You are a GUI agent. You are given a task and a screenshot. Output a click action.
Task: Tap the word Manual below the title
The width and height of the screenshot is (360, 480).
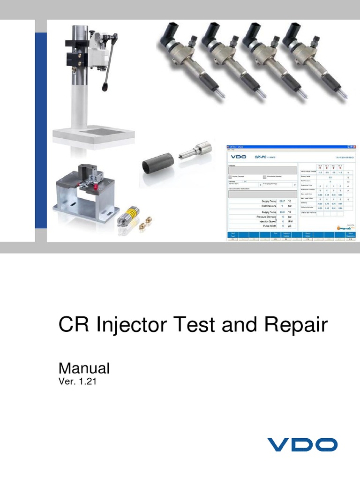[x=83, y=368]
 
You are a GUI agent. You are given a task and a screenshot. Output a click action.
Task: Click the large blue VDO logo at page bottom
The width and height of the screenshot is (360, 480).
[x=302, y=444]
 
